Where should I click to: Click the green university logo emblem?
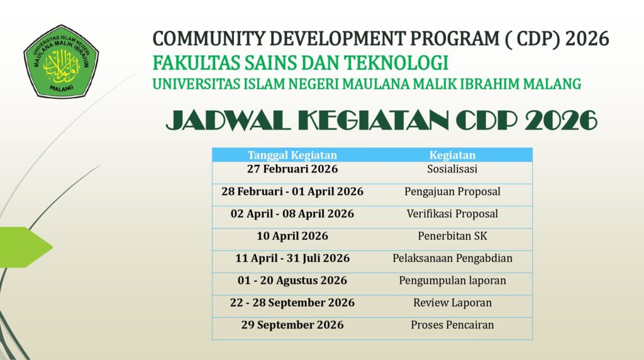(61, 61)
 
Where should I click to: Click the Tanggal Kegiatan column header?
(292, 155)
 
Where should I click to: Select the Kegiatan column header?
(452, 155)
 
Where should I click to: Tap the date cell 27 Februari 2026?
(292, 169)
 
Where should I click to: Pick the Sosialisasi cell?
(452, 169)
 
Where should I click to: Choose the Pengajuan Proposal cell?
(452, 191)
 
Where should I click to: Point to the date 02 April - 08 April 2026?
(292, 214)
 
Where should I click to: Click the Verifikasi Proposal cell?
(452, 214)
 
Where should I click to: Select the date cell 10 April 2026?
(292, 236)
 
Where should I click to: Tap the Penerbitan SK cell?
(452, 236)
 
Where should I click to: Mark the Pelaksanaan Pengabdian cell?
(452, 258)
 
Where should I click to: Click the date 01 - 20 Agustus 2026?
(292, 280)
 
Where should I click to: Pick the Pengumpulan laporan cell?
(452, 281)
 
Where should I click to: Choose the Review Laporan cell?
(452, 303)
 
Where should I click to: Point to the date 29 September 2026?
(292, 325)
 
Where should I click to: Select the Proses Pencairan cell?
(452, 325)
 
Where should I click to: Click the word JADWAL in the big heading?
(228, 121)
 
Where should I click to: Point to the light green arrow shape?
(25, 247)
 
